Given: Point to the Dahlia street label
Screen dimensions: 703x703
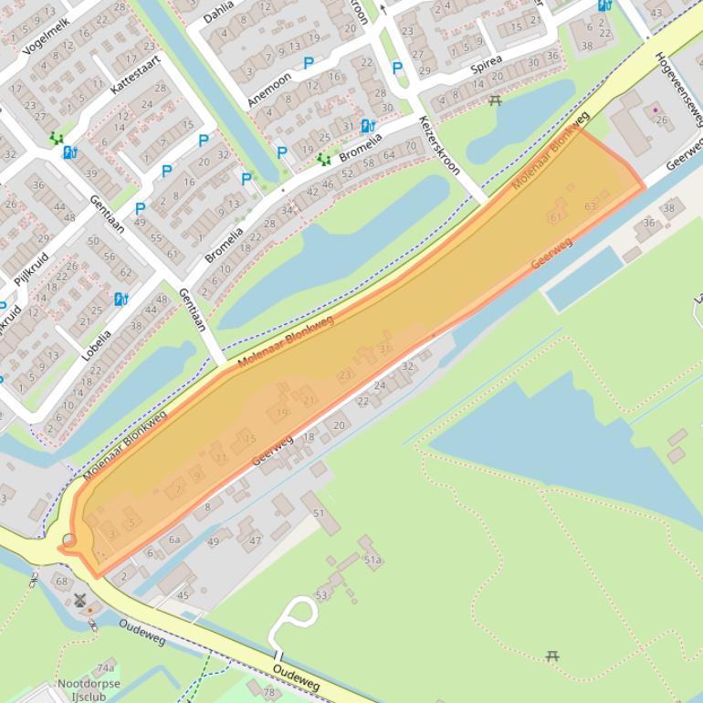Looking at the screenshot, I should pyautogui.click(x=218, y=11).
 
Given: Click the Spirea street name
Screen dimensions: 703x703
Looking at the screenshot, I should pyautogui.click(x=487, y=65).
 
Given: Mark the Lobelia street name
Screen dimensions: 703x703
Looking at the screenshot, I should pyautogui.click(x=95, y=348).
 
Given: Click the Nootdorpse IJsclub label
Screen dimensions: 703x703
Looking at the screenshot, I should pyautogui.click(x=89, y=689).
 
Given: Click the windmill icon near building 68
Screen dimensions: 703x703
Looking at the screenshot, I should pyautogui.click(x=79, y=601).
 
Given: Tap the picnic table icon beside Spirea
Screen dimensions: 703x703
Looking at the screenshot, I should pyautogui.click(x=496, y=100).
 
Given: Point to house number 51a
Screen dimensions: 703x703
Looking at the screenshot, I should pyautogui.click(x=372, y=560).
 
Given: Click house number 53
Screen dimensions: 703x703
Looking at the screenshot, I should pyautogui.click(x=321, y=595).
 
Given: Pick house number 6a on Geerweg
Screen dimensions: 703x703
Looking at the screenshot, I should pyautogui.click(x=173, y=540).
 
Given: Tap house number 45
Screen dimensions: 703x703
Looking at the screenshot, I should pyautogui.click(x=183, y=595).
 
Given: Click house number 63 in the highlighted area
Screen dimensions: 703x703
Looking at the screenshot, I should pyautogui.click(x=590, y=207).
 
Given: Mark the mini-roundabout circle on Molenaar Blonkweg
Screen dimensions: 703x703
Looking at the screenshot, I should pyautogui.click(x=69, y=540).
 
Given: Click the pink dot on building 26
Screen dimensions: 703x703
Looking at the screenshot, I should pyautogui.click(x=655, y=110).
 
